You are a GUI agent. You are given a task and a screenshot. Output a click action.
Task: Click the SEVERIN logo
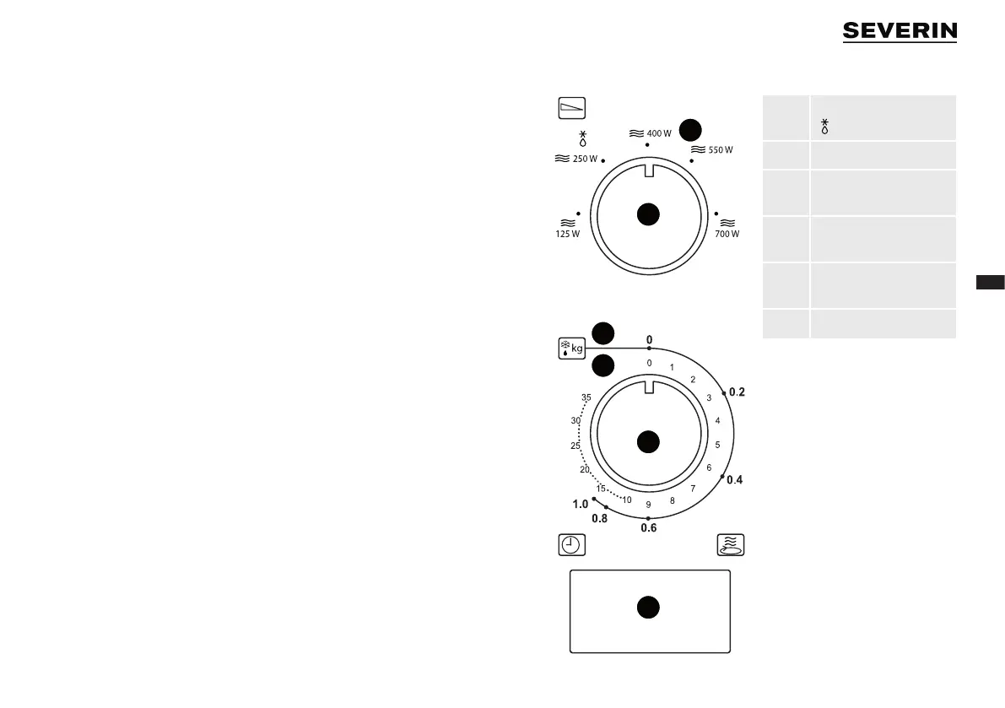900,31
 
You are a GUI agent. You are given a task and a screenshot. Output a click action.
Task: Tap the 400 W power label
651,133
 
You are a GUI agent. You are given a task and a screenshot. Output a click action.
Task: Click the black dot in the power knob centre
647,215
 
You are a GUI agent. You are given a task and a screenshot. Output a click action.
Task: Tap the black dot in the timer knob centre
647,440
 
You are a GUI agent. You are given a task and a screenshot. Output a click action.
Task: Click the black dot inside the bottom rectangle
647,608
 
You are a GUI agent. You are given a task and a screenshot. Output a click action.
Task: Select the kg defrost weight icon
572,348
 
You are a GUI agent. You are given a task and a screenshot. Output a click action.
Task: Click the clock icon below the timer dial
571,544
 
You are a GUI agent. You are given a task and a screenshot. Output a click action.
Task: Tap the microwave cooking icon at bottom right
730,544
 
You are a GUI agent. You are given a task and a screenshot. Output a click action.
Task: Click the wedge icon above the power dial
572,108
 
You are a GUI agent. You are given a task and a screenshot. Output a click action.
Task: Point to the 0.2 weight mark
737,392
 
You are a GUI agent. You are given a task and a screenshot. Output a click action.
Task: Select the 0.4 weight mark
734,480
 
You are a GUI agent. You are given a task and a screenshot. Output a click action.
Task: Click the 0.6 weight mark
648,528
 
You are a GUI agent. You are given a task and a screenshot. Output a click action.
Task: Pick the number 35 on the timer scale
586,397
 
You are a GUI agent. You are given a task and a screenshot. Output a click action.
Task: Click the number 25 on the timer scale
575,446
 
